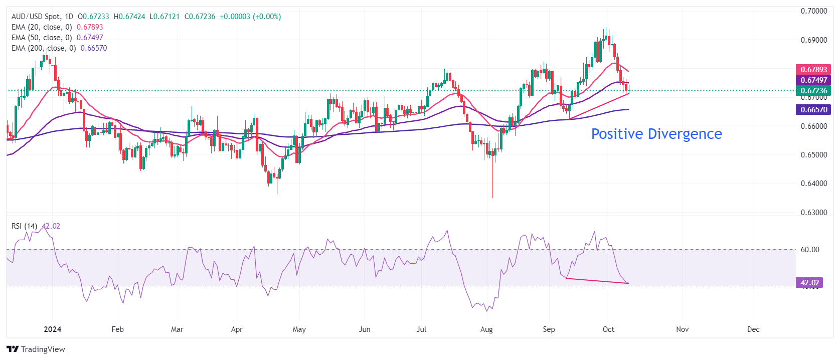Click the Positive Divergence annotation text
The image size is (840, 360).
tap(656, 134)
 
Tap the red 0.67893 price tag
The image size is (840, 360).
tap(813, 70)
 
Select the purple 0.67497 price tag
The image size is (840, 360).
tap(813, 80)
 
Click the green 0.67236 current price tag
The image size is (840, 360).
tap(813, 91)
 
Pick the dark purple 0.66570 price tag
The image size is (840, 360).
tap(813, 110)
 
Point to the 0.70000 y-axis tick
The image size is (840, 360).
tap(813, 11)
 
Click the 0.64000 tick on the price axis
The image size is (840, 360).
tap(813, 184)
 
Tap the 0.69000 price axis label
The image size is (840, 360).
tap(813, 40)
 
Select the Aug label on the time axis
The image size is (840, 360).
tap(486, 329)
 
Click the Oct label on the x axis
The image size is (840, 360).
tap(608, 329)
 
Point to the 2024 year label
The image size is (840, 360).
tap(52, 329)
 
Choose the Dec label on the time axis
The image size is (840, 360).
tap(753, 329)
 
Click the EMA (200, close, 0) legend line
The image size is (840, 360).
tap(44, 48)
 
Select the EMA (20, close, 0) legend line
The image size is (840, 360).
tap(42, 27)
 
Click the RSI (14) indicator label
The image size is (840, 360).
tap(24, 226)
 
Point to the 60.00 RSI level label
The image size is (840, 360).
tap(810, 250)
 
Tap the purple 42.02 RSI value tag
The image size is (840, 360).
tap(809, 283)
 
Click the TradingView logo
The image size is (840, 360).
tap(36, 349)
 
